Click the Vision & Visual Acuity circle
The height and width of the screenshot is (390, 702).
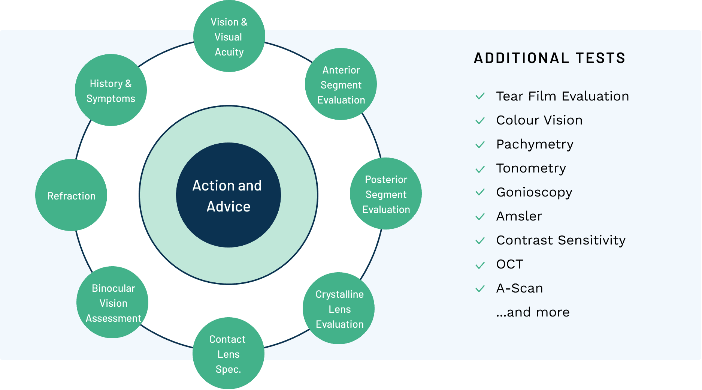click(x=229, y=36)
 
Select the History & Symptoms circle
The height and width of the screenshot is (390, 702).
click(x=111, y=90)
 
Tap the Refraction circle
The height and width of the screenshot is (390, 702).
click(x=71, y=195)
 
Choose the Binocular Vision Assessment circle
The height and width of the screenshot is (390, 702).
click(x=112, y=303)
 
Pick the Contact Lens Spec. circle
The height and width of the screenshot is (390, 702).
click(x=228, y=354)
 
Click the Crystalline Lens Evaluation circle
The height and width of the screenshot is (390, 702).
click(x=339, y=309)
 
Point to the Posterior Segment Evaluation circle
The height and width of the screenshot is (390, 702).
click(x=386, y=194)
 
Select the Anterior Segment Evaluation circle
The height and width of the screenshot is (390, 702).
click(x=341, y=84)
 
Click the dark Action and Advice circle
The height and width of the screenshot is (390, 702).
click(x=228, y=195)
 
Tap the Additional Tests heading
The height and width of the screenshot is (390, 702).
click(x=550, y=58)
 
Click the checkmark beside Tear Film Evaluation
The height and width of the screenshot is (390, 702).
click(x=480, y=96)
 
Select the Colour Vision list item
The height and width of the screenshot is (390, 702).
click(x=539, y=120)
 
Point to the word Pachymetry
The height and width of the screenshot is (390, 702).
click(x=535, y=144)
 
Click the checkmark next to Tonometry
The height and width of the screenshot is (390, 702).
click(x=480, y=169)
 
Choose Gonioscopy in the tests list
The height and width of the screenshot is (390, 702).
click(x=534, y=192)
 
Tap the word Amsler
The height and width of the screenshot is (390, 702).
click(x=519, y=216)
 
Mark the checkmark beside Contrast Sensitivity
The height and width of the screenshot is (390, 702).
click(x=480, y=241)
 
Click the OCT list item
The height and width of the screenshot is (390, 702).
click(x=509, y=264)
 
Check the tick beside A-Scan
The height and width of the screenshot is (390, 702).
click(x=480, y=289)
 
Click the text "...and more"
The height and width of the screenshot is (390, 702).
click(x=533, y=312)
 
